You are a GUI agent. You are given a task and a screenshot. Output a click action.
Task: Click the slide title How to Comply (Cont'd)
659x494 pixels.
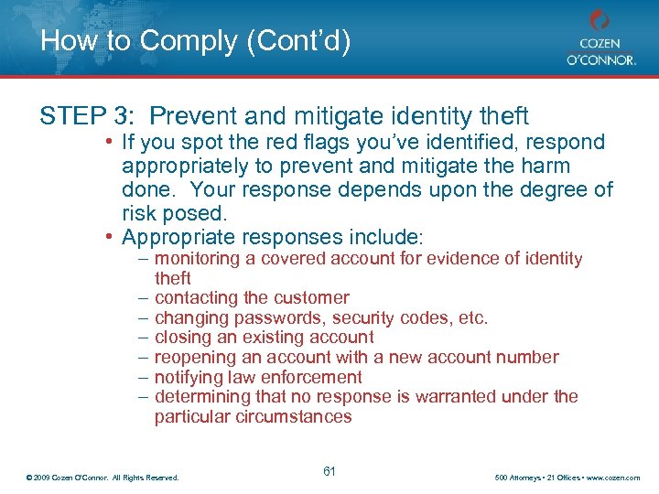pyautogui.click(x=195, y=41)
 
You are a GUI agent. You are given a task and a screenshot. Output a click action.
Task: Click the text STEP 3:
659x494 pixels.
pyautogui.click(x=88, y=116)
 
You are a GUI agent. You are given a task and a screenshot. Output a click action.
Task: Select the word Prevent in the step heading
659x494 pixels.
pyautogui.click(x=191, y=116)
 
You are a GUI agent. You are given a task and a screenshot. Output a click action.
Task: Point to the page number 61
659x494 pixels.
pyautogui.click(x=329, y=471)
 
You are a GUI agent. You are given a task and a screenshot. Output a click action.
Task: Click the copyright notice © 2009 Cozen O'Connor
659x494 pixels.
pyautogui.click(x=103, y=478)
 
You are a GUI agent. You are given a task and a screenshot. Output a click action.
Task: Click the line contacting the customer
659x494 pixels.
pyautogui.click(x=252, y=297)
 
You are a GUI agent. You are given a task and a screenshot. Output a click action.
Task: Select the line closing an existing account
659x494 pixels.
pyautogui.click(x=264, y=338)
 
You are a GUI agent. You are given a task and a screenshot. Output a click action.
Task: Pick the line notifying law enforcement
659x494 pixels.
pyautogui.click(x=258, y=377)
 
